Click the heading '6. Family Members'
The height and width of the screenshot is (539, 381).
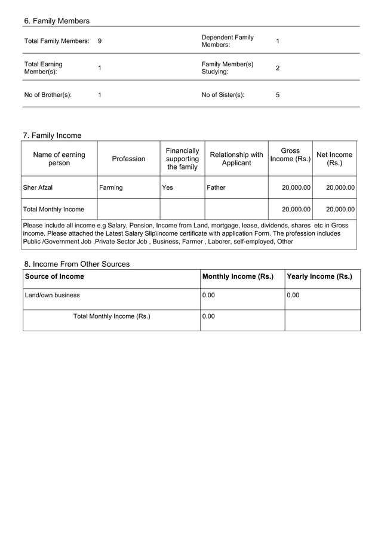tap(57, 21)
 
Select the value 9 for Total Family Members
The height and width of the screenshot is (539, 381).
tap(100, 41)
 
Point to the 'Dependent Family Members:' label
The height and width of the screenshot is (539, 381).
tap(228, 41)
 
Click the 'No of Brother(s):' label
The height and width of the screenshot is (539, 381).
tap(48, 95)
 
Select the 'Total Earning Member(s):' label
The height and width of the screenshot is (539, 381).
tap(43, 68)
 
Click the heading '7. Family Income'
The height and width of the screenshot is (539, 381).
tap(52, 135)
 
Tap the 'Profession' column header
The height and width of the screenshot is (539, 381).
tap(128, 159)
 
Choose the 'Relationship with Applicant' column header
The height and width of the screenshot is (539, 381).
tap(236, 159)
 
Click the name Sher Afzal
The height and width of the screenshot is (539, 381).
tap(38, 187)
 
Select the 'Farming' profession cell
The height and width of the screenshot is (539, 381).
tap(111, 187)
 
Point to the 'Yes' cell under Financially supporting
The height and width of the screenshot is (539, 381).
tap(168, 187)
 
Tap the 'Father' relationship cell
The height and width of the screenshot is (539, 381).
tap(216, 187)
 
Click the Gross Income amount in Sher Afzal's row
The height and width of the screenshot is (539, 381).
tap(296, 187)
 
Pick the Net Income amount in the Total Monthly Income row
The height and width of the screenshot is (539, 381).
tap(340, 210)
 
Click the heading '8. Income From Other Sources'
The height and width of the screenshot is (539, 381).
tap(77, 264)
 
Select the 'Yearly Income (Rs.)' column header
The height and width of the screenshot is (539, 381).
tap(319, 276)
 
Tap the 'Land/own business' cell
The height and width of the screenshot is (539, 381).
tap(52, 295)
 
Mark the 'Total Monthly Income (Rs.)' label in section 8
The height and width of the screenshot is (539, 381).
tap(112, 316)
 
